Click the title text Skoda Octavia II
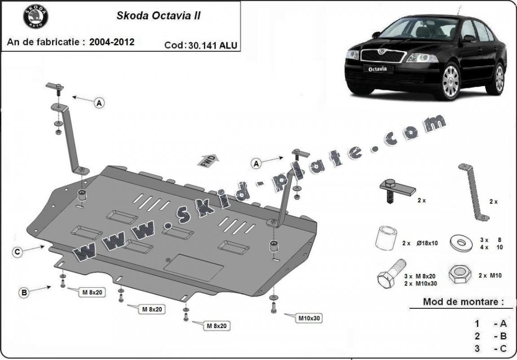pos(158,16)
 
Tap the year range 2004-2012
pos(112,42)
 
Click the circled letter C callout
pos(17,252)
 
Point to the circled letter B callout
pos(24,293)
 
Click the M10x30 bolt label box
pos(309,318)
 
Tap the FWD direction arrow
pos(208,161)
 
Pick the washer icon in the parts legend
pos(461,242)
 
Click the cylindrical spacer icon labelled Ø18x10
pos(387,238)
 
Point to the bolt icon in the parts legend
pos(389,274)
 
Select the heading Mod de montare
pos(460,302)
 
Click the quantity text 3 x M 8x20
pos(420,277)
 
